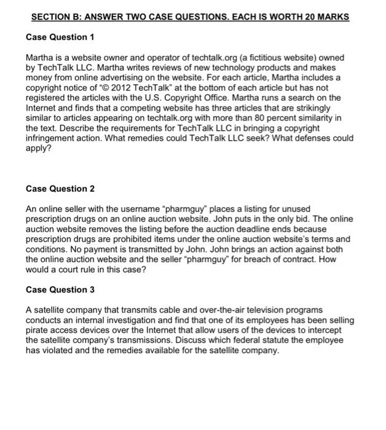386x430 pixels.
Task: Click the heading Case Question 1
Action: click(x=60, y=37)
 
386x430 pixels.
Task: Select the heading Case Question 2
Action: click(x=60, y=188)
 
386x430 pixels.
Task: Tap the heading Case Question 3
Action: click(x=60, y=289)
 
